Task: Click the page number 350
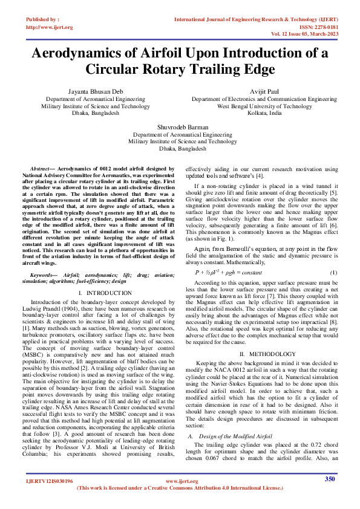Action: [330, 496]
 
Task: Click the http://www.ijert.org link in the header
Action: [50, 27]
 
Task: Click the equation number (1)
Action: [332, 273]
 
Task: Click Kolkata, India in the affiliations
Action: [265, 113]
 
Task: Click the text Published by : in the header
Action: [43, 20]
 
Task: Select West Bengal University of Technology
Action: [265, 105]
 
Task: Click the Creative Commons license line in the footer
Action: [180, 504]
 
